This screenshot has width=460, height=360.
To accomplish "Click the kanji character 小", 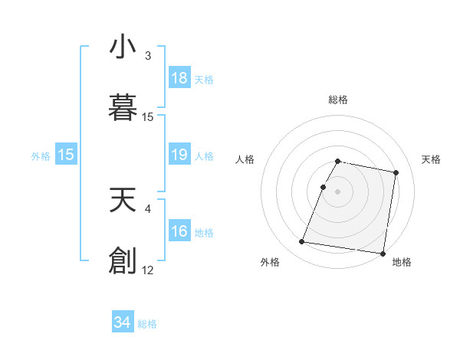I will point(123,47).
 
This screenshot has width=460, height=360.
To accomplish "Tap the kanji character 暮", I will point(123,108).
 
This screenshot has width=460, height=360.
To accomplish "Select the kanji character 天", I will point(123,198).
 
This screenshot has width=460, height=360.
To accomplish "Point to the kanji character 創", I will point(123,260).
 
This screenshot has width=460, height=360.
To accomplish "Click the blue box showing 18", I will point(179,78).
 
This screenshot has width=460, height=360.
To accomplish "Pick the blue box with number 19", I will point(179,155).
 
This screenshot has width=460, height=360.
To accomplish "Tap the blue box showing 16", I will point(179,231).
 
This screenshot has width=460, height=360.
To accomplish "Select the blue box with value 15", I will point(66,155).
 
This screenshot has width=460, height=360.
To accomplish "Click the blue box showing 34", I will point(123,322).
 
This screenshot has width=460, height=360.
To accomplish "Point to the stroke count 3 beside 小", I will point(148,56).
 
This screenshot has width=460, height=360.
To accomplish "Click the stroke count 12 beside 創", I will point(148,270).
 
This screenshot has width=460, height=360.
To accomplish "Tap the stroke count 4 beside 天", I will point(148,208).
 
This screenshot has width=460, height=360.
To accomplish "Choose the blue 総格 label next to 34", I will point(147,324).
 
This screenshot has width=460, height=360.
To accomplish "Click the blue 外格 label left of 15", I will point(41,156).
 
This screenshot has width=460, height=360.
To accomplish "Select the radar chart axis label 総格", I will point(338,100).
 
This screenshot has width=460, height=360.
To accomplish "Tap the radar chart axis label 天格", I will point(432,159).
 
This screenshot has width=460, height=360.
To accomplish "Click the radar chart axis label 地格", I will point(402,263).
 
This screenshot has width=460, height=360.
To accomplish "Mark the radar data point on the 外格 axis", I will point(302,242).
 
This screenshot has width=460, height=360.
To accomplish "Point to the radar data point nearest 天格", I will point(396,173).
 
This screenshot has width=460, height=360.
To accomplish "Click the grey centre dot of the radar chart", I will point(338,191).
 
